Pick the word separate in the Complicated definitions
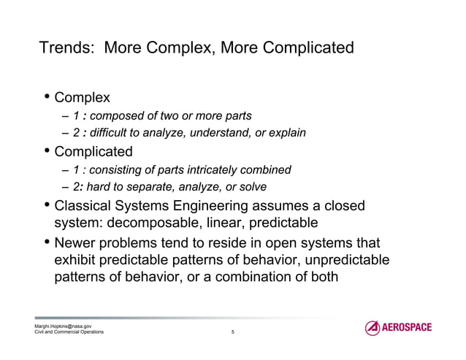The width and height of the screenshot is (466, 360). (x=145, y=188)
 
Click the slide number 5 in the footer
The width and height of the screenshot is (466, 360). (x=232, y=332)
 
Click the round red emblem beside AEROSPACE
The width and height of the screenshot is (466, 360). (x=373, y=328)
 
